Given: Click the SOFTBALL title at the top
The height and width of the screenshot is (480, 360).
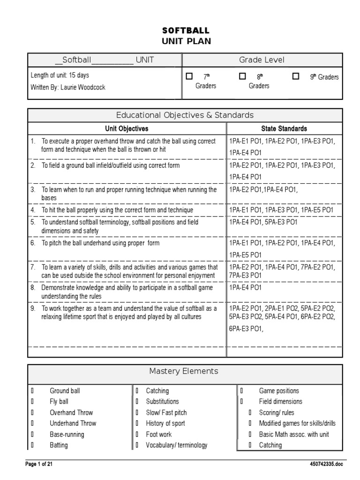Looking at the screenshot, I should (186, 30).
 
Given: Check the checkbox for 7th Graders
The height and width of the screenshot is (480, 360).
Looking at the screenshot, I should (189, 76).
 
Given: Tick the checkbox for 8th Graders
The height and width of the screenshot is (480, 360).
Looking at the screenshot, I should (242, 76).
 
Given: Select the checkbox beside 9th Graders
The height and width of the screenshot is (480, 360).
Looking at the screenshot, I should (296, 76).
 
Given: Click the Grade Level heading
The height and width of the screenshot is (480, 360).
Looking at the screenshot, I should (262, 60).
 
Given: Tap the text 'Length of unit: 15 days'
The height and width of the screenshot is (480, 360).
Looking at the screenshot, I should (60, 75).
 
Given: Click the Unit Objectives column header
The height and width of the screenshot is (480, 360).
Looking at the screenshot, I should (127, 128).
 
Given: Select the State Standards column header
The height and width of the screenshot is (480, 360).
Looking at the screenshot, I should (284, 128).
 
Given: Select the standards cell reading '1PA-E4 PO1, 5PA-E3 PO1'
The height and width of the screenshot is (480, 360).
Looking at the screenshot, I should (263, 222).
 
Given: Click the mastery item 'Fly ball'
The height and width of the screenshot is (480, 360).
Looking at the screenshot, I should (59, 402).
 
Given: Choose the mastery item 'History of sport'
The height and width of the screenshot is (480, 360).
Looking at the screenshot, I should (165, 423).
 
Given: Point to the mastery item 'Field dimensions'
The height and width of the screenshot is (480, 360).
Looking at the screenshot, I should (281, 402).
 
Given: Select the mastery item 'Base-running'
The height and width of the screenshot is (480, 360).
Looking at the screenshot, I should (67, 435).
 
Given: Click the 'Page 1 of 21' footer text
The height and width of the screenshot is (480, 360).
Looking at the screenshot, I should (42, 464).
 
